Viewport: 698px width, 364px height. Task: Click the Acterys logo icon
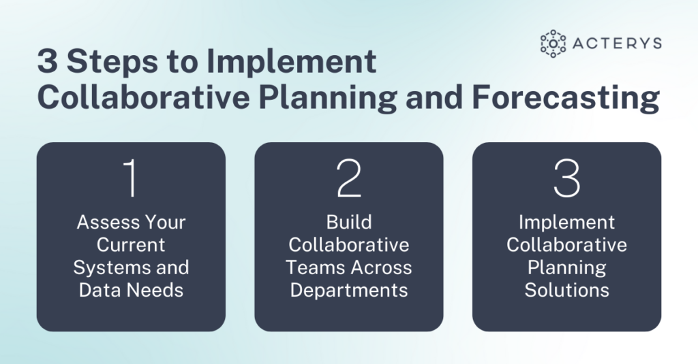point(553,44)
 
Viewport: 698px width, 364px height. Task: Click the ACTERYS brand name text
point(617,44)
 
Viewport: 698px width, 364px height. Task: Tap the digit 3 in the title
point(48,61)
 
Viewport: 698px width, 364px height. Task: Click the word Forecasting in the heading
point(566,99)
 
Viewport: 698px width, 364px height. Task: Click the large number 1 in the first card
point(131,178)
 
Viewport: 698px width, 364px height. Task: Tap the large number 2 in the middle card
point(349,178)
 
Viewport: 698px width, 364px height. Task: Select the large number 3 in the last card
point(566,178)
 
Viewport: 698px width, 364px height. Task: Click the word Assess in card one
point(104,222)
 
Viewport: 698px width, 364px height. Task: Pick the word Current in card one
point(131,244)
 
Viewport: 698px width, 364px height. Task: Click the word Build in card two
point(349,222)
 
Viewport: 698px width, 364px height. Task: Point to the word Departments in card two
point(349,291)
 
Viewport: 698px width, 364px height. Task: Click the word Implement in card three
point(566,222)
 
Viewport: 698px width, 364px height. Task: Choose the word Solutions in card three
point(566,291)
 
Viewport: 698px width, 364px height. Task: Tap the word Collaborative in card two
point(349,244)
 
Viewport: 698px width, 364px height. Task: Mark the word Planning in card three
point(566,267)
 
